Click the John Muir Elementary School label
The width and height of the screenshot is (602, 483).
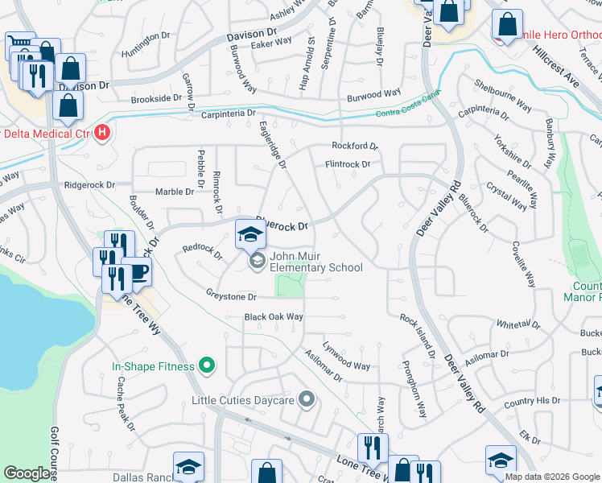(315, 262)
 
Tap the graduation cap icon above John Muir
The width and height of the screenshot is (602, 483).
(250, 234)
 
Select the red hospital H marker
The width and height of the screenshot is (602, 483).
(102, 132)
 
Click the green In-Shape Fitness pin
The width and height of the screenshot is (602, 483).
(207, 366)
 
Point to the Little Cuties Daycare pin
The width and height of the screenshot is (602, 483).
(306, 399)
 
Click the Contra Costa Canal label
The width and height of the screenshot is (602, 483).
(407, 113)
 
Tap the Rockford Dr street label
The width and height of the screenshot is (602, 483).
(355, 146)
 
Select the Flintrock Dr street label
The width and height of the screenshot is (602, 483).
(347, 164)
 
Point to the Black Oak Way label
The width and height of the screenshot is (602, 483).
(274, 317)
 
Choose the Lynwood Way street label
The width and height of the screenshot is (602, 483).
(346, 359)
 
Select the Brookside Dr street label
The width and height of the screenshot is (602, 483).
(156, 98)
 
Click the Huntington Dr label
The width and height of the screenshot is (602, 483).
(146, 53)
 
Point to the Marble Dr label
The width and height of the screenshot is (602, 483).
(175, 192)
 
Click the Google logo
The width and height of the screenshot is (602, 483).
(27, 473)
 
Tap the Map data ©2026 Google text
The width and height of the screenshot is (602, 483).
(551, 477)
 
